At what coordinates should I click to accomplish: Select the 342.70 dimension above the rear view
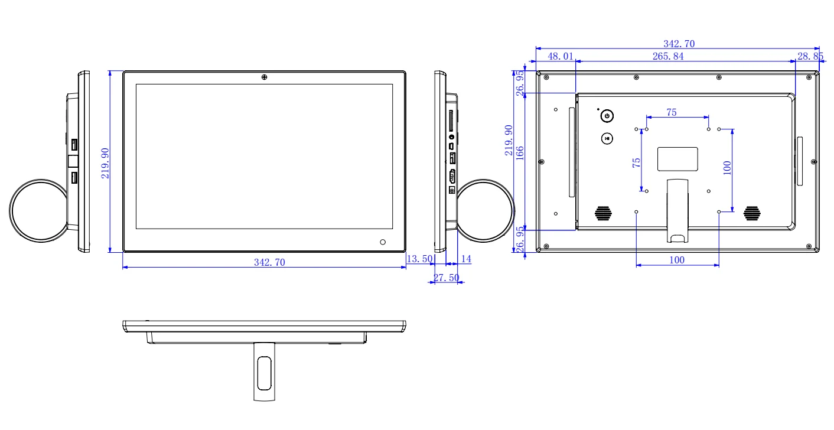(x=677, y=44)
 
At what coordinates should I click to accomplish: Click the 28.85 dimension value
(x=810, y=56)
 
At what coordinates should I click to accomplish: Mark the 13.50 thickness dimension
(x=419, y=259)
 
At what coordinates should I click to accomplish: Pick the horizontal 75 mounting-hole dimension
(x=672, y=113)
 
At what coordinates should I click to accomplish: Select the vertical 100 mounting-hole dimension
(x=728, y=168)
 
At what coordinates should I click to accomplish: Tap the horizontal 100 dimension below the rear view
(x=677, y=260)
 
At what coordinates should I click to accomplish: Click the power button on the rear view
(x=607, y=116)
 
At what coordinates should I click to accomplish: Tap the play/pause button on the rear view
(x=607, y=138)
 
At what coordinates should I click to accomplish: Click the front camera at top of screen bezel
(x=263, y=77)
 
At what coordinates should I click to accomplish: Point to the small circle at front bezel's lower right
(x=383, y=242)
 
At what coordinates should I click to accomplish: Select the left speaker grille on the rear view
(x=602, y=213)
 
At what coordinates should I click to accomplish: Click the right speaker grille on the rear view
(x=752, y=213)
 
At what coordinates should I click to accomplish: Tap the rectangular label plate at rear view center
(x=677, y=158)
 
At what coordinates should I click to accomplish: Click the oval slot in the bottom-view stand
(x=264, y=373)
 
